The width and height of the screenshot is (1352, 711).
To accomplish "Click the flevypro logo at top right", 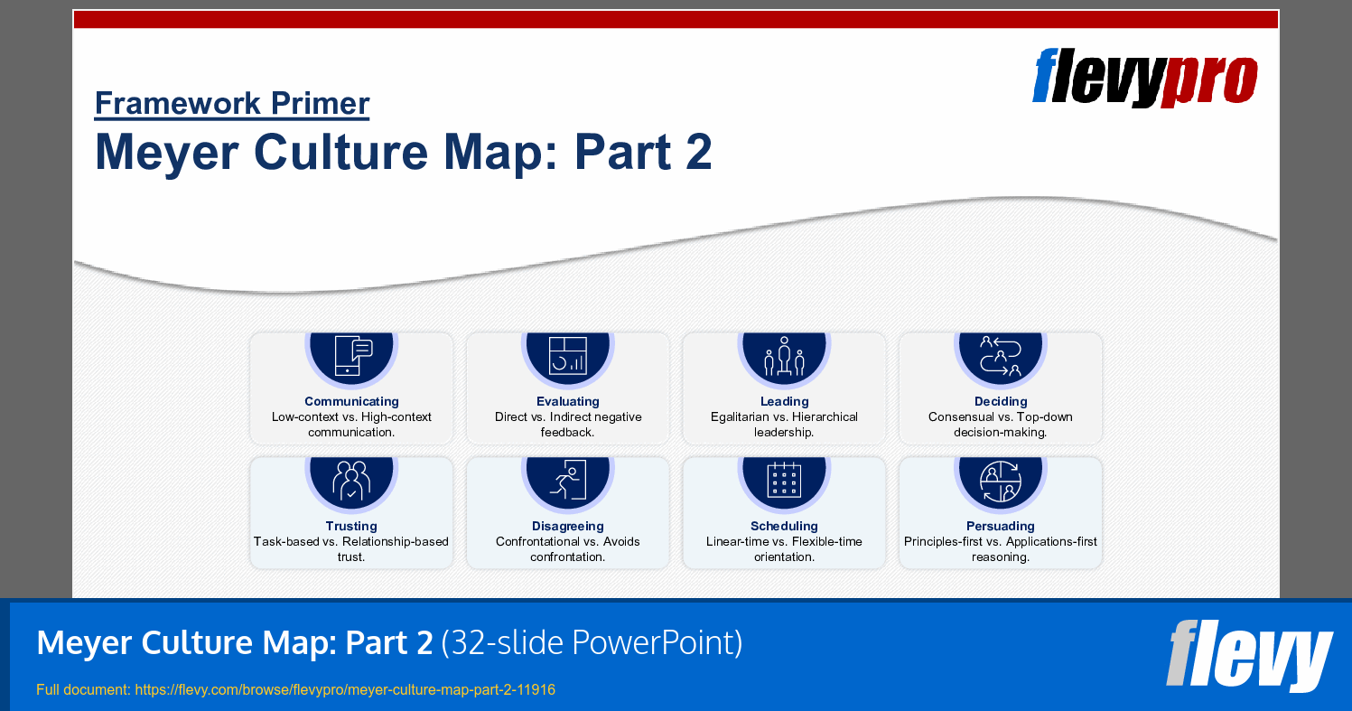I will click(1144, 78).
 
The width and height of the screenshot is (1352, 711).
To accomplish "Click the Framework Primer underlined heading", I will click(232, 104).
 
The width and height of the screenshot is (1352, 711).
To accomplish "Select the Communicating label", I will click(351, 401).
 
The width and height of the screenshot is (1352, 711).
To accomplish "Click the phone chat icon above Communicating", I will click(352, 355).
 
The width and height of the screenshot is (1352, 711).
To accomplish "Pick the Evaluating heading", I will click(568, 401).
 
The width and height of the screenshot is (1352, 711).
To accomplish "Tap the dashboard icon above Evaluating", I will click(568, 355).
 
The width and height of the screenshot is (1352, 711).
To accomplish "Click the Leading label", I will click(784, 401).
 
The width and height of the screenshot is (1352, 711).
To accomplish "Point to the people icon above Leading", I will click(784, 356).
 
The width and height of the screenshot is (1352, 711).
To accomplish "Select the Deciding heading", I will click(1001, 401).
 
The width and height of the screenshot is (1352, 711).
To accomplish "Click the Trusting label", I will click(351, 526).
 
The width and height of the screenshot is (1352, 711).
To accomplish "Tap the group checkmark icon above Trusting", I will click(351, 480).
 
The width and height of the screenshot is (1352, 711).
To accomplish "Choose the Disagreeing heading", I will click(568, 526).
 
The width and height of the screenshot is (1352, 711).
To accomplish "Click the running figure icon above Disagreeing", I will click(568, 480).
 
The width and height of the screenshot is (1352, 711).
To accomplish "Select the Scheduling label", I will click(784, 526).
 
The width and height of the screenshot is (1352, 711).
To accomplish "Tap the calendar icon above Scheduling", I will click(784, 480).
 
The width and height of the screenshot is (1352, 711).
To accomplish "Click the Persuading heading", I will click(1001, 526).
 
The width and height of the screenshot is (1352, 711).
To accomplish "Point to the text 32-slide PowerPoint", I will click(592, 643).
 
